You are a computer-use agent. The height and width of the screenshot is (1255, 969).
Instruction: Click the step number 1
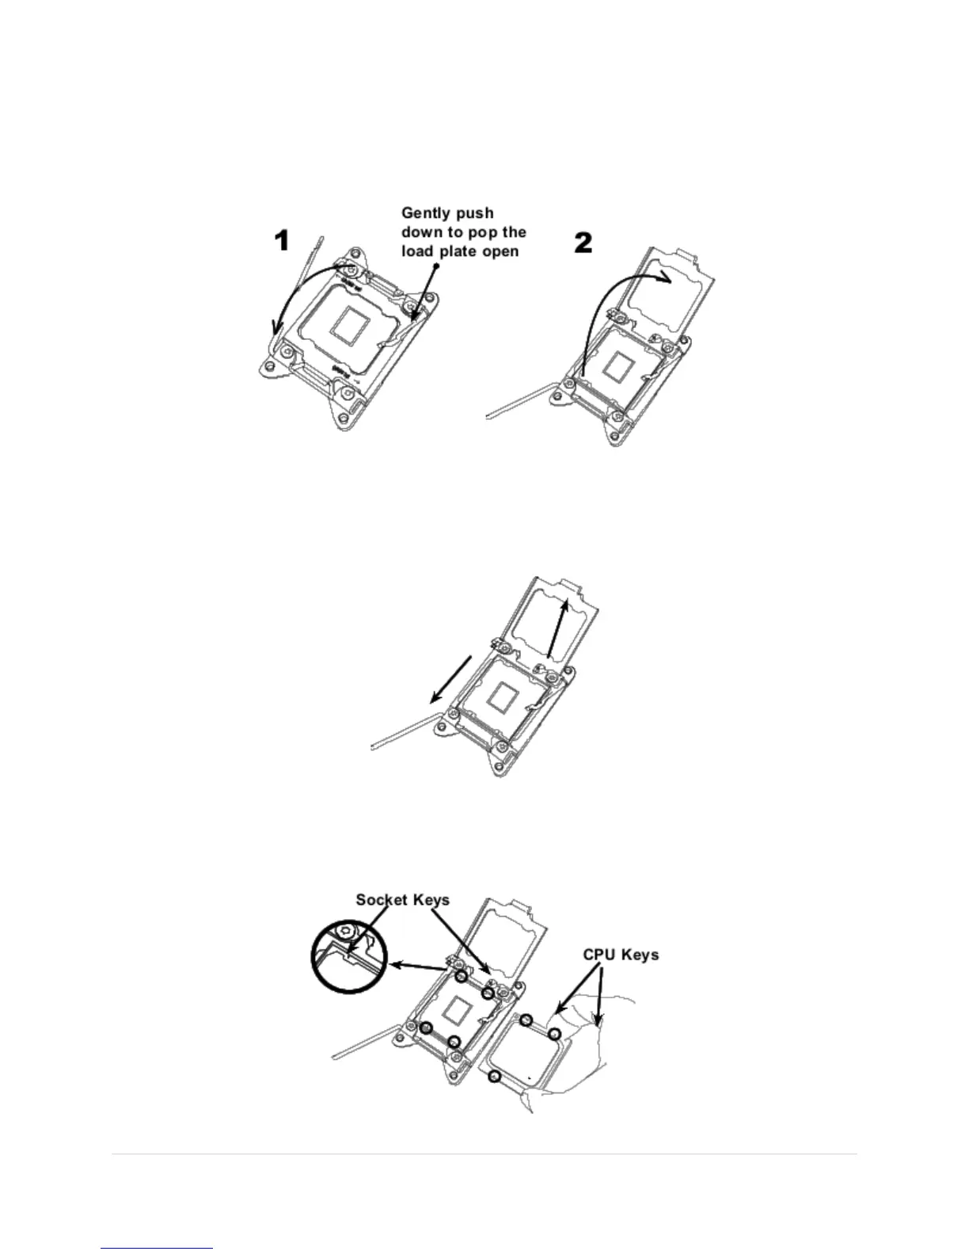[x=282, y=240]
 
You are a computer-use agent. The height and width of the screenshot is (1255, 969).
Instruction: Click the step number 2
[x=583, y=242]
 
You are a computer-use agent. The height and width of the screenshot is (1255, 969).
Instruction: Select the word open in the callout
[x=500, y=252]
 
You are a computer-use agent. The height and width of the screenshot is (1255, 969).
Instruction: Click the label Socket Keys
[x=402, y=900]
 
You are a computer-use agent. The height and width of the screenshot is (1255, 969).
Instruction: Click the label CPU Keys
[x=621, y=955]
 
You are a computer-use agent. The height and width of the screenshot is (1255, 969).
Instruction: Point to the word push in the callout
[x=477, y=213]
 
